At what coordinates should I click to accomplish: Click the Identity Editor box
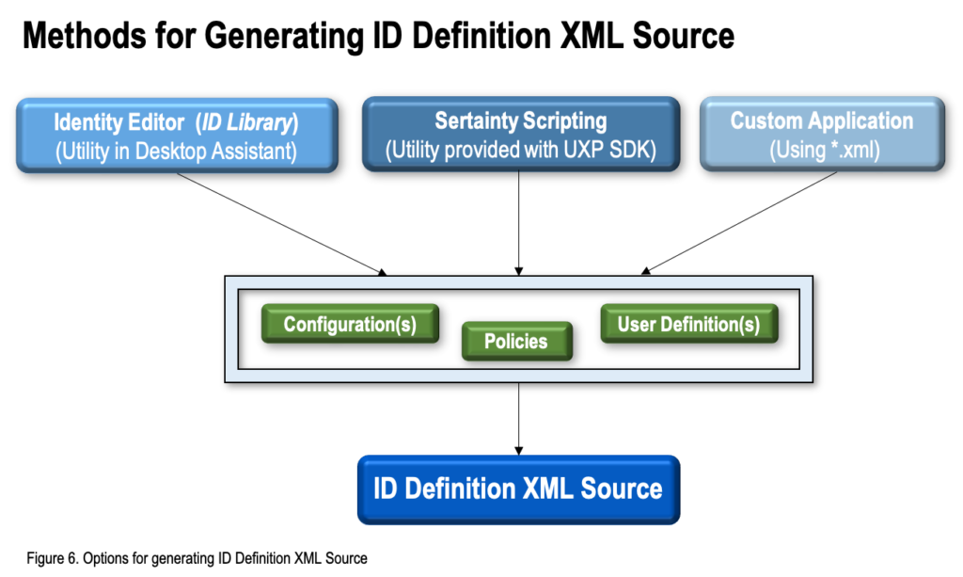pyautogui.click(x=176, y=136)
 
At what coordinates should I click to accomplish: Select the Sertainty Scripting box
pyautogui.click(x=520, y=135)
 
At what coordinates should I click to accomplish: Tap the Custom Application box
pyautogui.click(x=821, y=135)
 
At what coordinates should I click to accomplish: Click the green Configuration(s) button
pyautogui.click(x=349, y=324)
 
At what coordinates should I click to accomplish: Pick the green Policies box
pyautogui.click(x=516, y=342)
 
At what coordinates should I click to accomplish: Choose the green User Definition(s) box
pyautogui.click(x=688, y=324)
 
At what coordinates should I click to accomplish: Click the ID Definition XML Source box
pyautogui.click(x=517, y=489)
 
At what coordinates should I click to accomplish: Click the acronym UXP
pyautogui.click(x=587, y=150)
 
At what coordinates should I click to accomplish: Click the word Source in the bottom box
pyautogui.click(x=622, y=489)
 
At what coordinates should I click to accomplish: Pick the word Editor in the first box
pyautogui.click(x=149, y=122)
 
